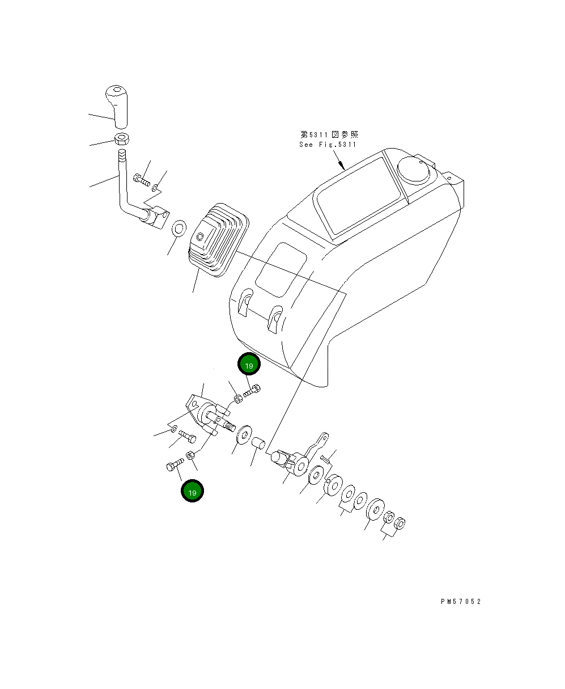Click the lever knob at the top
[x=116, y=104]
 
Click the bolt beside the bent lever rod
[x=141, y=180]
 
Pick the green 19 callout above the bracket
[x=249, y=365]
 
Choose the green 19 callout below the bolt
[x=192, y=492]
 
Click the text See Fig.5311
[x=328, y=145]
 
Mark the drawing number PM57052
[x=461, y=602]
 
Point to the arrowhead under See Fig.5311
[x=344, y=167]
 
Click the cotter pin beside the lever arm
[x=325, y=458]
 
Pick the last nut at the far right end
[x=399, y=522]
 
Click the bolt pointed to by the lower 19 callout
[x=175, y=466]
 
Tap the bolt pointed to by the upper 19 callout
[x=253, y=391]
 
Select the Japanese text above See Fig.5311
[x=329, y=135]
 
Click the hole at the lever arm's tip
[x=324, y=437]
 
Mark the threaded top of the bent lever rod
[x=122, y=156]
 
